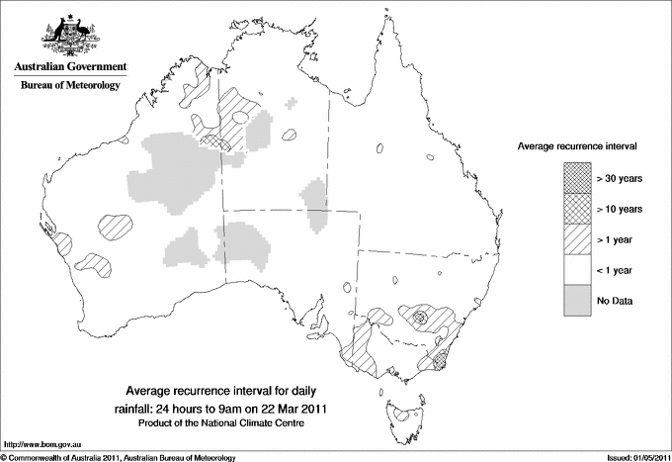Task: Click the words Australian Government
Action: point(69,67)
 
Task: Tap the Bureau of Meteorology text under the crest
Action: point(69,86)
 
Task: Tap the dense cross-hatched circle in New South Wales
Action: point(420,319)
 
